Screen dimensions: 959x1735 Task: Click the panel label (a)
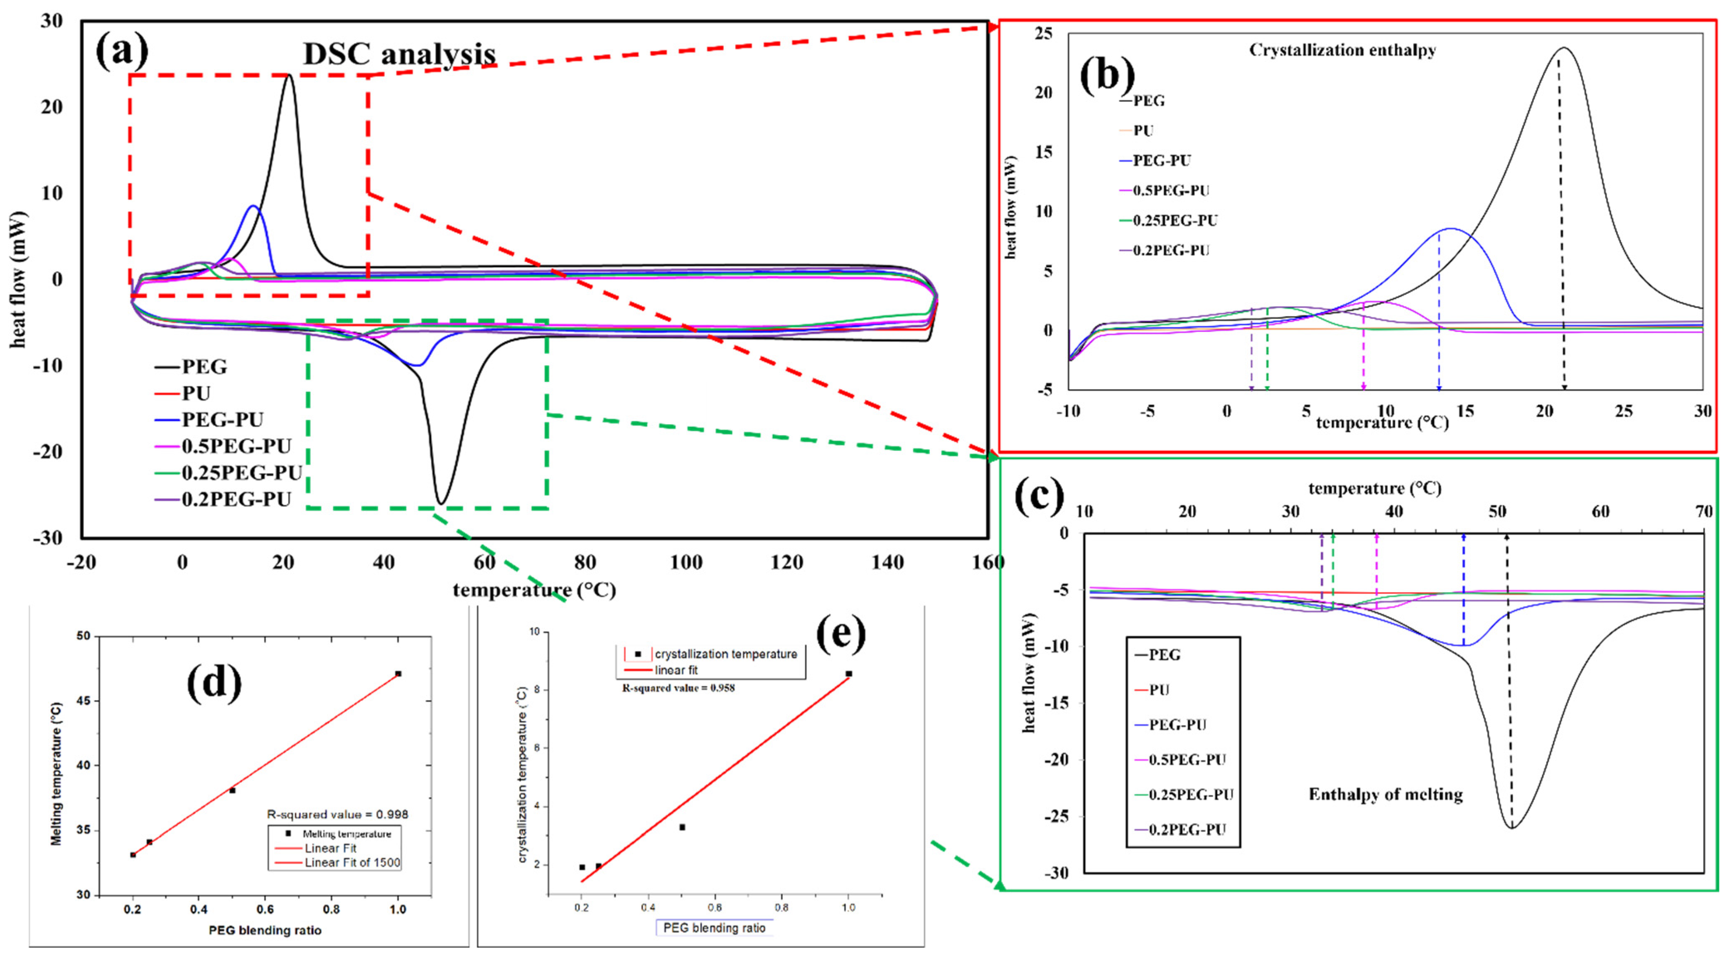click(x=122, y=52)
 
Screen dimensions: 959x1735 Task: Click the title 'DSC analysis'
click(x=399, y=54)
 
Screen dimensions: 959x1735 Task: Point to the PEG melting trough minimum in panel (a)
click(x=440, y=502)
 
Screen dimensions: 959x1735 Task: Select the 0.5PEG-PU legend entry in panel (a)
click(x=236, y=447)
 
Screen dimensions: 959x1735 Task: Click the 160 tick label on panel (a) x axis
click(x=988, y=562)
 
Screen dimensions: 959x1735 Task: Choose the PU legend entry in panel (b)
click(x=1143, y=130)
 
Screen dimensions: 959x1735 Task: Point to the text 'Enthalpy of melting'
click(x=1386, y=795)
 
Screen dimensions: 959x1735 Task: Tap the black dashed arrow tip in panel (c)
click(x=1506, y=536)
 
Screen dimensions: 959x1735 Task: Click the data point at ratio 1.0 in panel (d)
click(x=398, y=674)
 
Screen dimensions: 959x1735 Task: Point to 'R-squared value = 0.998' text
click(x=337, y=814)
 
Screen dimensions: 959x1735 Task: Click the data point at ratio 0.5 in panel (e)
click(x=682, y=827)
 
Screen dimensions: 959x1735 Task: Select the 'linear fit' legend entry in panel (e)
click(x=676, y=671)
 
